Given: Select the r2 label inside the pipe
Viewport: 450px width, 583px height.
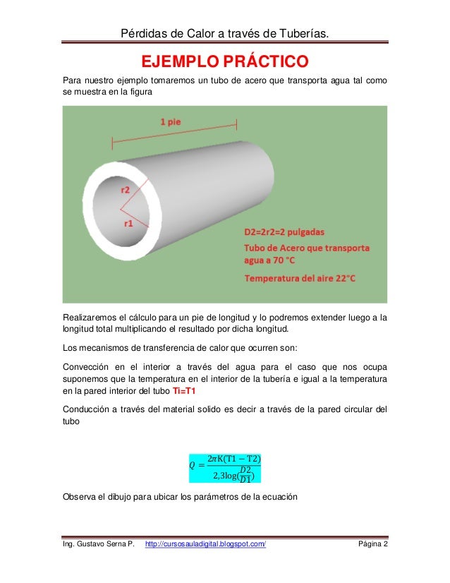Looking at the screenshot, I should tap(125, 189).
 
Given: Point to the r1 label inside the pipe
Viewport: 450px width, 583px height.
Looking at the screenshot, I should tap(128, 224).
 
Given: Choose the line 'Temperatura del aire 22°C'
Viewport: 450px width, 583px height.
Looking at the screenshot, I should tap(300, 278).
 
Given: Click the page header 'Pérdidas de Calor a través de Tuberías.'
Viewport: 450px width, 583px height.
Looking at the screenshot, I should tap(224, 33).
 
